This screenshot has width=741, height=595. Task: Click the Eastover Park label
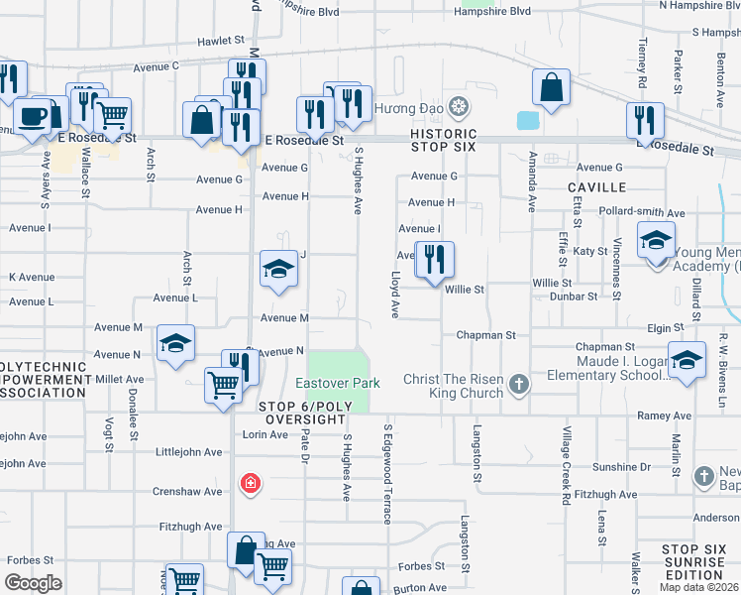pyautogui.click(x=338, y=383)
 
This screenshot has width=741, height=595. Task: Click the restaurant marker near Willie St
pyautogui.click(x=434, y=261)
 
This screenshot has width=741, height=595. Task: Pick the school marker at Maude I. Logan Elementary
pyautogui.click(x=687, y=361)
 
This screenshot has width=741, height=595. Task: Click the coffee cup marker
pyautogui.click(x=33, y=116)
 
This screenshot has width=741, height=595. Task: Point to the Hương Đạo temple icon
pyautogui.click(x=458, y=106)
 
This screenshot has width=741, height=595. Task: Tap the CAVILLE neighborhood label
pyautogui.click(x=597, y=186)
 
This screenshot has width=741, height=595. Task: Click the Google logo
pyautogui.click(x=33, y=583)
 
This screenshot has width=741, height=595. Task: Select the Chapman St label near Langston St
pyautogui.click(x=485, y=335)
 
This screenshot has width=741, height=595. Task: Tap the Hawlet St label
pyautogui.click(x=220, y=41)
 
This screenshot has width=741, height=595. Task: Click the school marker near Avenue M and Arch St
pyautogui.click(x=176, y=344)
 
